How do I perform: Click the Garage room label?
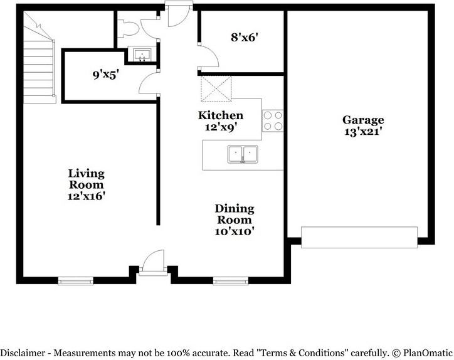coord(363,120)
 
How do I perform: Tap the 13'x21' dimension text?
coord(363,132)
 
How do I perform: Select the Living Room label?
coord(87,179)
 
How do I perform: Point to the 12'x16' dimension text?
coord(87,196)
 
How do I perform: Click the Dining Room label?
coord(235,214)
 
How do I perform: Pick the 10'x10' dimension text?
coord(235,231)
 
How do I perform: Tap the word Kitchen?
coord(221,115)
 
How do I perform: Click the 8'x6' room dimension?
coord(245,37)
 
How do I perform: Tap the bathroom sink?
coord(142,55)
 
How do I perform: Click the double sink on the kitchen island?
coord(243,154)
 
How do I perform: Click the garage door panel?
coord(359,236)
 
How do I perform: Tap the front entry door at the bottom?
coord(152,262)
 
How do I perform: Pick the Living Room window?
coord(75,281)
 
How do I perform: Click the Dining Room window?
coord(231,281)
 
